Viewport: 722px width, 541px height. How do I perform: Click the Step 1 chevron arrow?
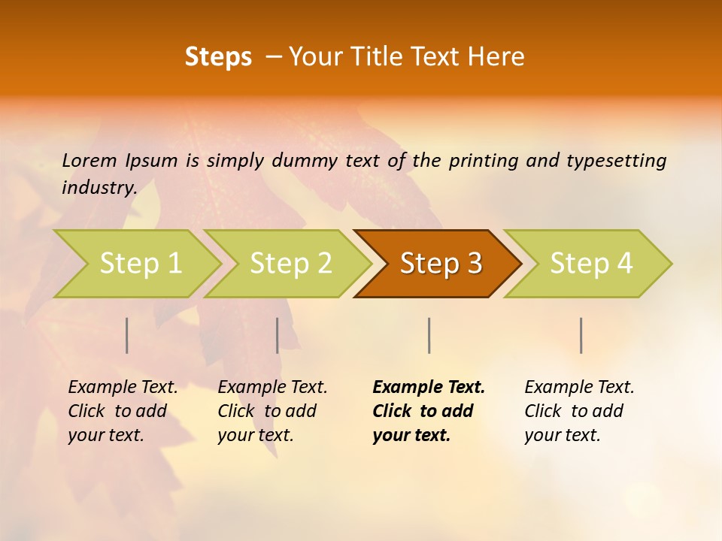click(140, 264)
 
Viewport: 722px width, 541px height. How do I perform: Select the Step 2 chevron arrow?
click(290, 264)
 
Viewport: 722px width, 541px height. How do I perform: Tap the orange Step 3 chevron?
click(440, 264)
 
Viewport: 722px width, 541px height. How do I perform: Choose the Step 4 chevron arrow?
click(590, 264)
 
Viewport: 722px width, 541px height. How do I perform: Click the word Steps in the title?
click(218, 57)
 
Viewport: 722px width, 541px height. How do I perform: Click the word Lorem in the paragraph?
click(89, 160)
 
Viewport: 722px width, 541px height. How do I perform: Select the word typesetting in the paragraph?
click(621, 160)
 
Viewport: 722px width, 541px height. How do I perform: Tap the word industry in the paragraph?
click(99, 187)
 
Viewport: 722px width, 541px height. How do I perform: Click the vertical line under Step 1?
click(127, 335)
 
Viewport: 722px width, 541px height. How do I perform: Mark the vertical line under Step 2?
click(278, 335)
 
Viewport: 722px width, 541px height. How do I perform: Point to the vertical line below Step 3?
click(429, 335)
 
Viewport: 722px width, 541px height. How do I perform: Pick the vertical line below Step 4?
click(581, 335)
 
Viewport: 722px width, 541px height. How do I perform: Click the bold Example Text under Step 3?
click(429, 387)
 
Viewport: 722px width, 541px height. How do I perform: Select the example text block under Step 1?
click(123, 411)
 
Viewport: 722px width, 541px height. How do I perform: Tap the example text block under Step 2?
click(272, 411)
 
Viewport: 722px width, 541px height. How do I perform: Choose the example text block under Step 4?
click(579, 411)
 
